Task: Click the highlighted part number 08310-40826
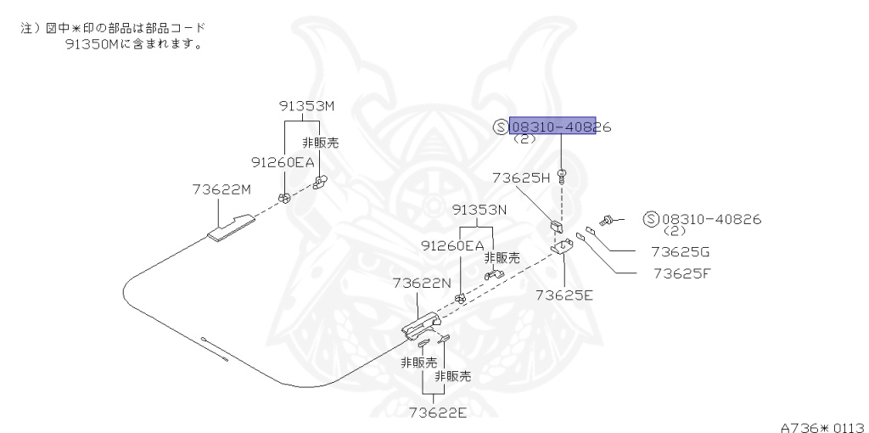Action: click(552, 127)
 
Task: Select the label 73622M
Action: click(221, 189)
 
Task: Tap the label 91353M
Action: click(306, 106)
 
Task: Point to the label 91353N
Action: click(479, 210)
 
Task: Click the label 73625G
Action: click(680, 252)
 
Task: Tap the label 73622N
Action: click(421, 282)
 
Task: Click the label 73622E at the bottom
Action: click(436, 413)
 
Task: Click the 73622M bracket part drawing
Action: click(231, 227)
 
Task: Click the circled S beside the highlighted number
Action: click(500, 127)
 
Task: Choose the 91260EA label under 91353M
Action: click(282, 161)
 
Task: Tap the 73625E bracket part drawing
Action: click(563, 247)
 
